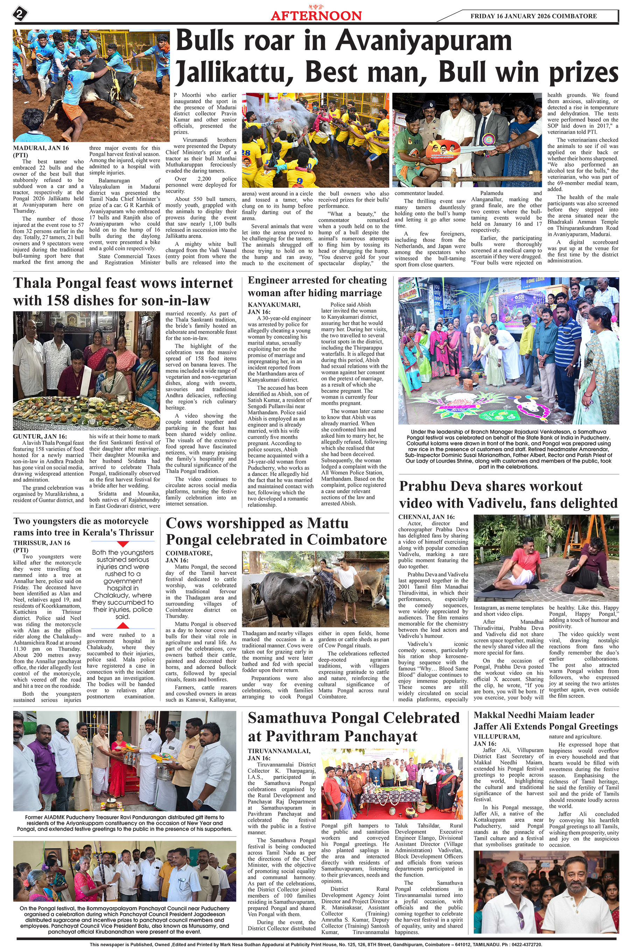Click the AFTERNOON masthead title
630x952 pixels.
tap(316, 16)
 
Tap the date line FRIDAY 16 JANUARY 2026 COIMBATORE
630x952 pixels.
tap(533, 16)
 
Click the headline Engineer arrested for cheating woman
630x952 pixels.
tap(317, 286)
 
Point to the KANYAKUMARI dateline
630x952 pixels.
tap(274, 305)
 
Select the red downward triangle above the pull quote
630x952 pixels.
tap(122, 544)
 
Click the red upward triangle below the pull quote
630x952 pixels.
tap(122, 625)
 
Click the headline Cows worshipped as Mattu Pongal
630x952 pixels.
tap(276, 531)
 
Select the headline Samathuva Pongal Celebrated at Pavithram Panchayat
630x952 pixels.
tap(353, 727)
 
